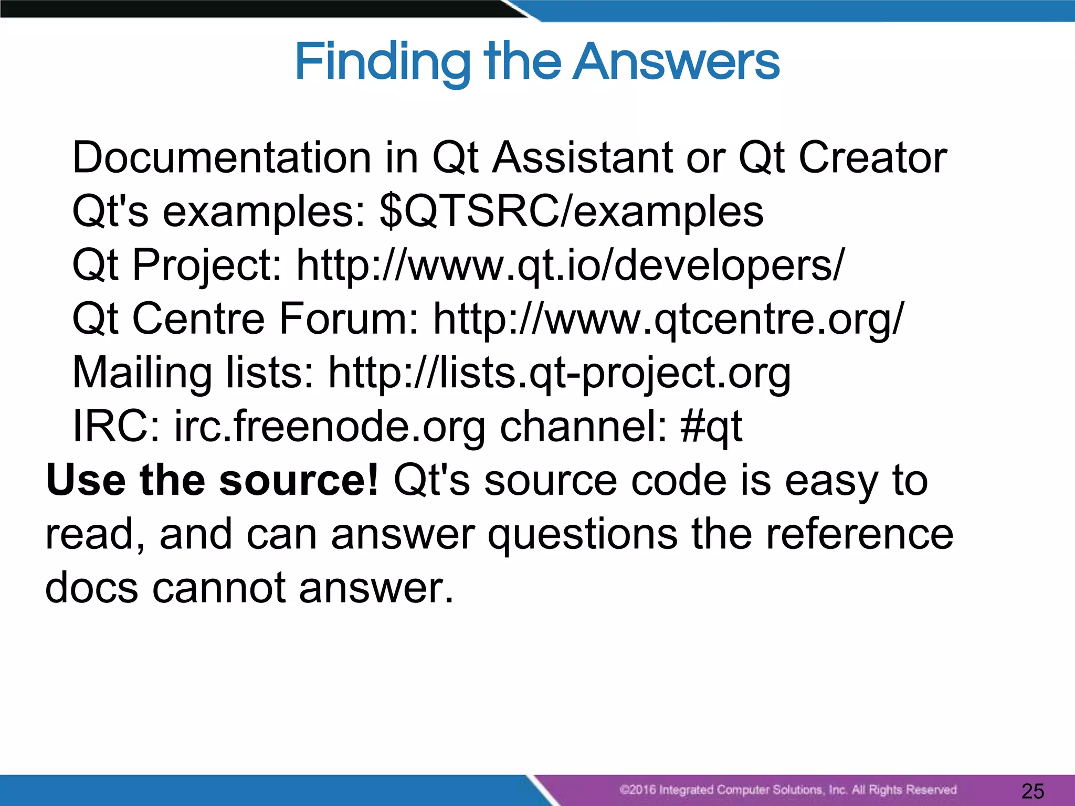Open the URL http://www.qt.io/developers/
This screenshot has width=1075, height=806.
571,266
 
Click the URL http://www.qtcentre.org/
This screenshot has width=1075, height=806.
668,319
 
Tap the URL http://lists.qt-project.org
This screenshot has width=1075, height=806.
559,373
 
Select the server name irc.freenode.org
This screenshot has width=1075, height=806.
330,427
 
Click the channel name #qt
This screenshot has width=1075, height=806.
711,427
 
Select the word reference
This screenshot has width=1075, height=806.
859,534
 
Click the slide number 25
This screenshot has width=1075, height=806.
1032,791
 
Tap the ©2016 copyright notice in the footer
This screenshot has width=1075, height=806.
787,790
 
